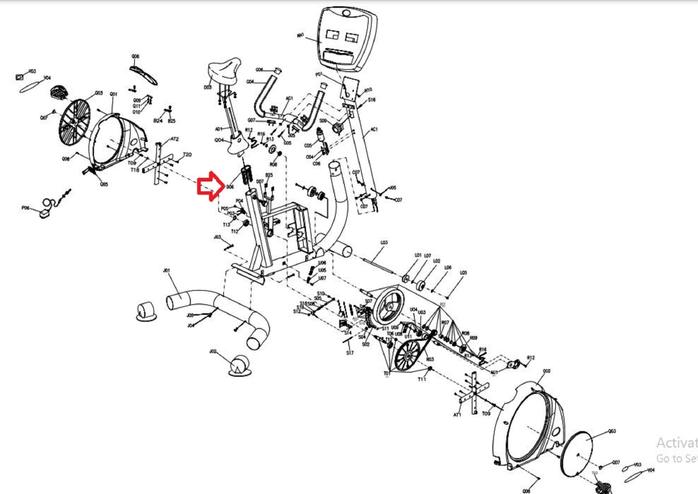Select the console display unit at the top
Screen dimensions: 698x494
347,39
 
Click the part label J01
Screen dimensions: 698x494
166,271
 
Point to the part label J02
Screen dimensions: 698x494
213,351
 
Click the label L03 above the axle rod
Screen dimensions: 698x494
384,242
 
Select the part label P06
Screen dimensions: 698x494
25,208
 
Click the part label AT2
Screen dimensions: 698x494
174,139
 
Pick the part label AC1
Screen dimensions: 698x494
374,129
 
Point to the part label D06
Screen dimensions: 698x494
230,187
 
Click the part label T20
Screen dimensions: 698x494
187,155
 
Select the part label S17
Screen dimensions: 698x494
350,353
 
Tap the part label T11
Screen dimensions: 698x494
422,379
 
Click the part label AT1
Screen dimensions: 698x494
457,415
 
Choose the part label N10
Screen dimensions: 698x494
368,90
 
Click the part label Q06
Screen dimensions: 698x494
135,56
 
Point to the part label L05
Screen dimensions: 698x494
463,273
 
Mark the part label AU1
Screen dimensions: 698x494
494,372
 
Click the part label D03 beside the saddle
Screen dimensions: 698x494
208,87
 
